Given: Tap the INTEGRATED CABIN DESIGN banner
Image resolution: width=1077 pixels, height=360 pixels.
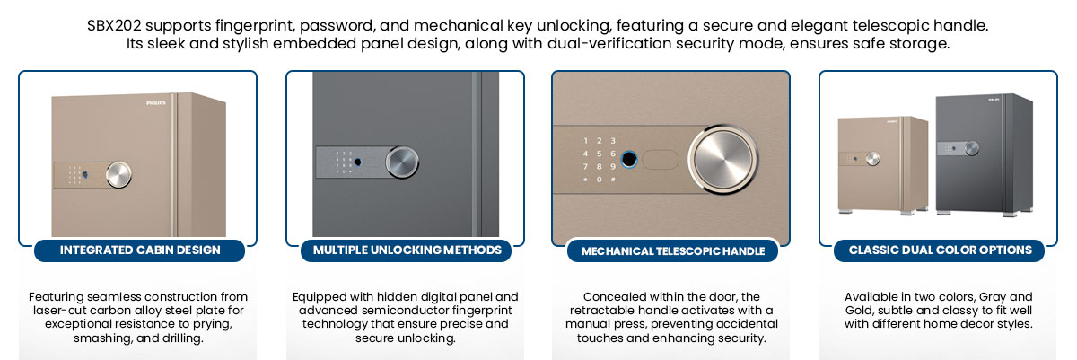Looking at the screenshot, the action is click(x=139, y=250).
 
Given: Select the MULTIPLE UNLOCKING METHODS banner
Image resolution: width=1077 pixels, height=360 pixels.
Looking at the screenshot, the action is click(x=407, y=250).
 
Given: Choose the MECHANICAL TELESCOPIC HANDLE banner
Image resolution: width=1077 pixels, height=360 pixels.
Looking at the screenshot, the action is click(x=672, y=250).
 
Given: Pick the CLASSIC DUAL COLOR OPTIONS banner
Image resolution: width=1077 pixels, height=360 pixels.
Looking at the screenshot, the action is click(x=940, y=250).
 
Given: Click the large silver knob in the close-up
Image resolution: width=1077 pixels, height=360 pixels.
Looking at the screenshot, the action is click(x=722, y=160).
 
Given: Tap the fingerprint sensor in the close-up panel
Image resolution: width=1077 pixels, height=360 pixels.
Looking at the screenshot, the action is click(x=629, y=159).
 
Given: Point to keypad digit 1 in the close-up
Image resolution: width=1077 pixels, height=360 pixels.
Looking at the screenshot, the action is click(x=585, y=141).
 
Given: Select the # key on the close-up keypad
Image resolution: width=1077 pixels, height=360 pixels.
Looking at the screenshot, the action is click(x=613, y=180).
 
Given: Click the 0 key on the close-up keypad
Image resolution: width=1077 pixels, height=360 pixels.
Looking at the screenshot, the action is click(x=600, y=180).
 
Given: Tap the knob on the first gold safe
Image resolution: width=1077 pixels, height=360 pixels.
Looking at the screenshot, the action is click(x=118, y=174).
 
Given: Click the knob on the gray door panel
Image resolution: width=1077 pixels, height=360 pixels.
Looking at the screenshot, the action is click(x=402, y=162).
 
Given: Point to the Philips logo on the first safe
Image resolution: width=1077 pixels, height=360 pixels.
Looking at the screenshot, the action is click(x=156, y=103).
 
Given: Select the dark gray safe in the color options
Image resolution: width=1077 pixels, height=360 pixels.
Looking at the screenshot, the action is click(x=984, y=154).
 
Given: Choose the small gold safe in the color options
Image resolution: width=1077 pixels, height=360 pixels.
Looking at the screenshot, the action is click(x=883, y=164).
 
